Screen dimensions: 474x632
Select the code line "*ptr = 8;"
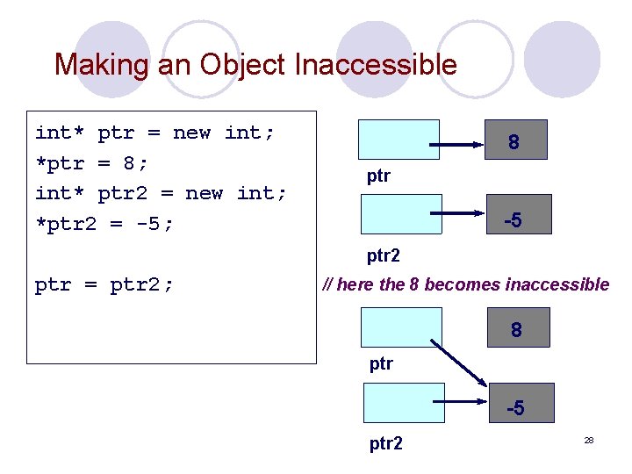tap(92, 162)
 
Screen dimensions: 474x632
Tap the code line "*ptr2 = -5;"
tap(104, 223)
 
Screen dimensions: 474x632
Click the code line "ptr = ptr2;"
tap(104, 284)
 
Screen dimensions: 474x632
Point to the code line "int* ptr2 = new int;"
tap(161, 193)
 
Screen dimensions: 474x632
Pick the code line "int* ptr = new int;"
tap(154, 133)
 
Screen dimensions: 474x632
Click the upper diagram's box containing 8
tap(513, 140)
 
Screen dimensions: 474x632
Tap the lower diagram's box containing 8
tap(516, 327)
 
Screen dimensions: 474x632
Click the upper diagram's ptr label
tap(378, 176)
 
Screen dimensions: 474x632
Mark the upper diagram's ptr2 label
tap(384, 255)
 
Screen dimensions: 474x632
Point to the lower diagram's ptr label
tap(381, 363)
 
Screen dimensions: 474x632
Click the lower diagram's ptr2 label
tap(386, 443)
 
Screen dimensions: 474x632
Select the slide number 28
tap(588, 439)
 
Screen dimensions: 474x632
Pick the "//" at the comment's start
tap(328, 284)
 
